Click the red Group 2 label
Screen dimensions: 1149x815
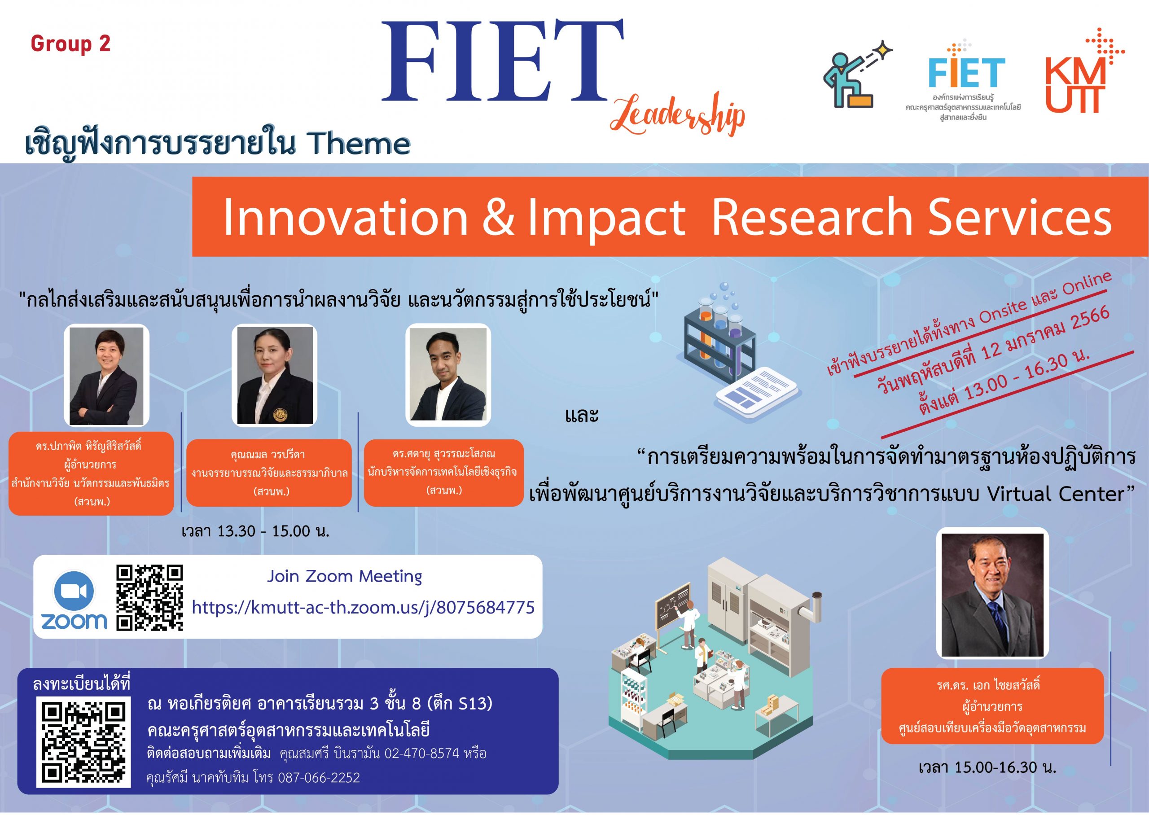(70, 44)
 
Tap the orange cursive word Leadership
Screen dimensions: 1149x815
(677, 114)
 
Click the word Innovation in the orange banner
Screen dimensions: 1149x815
(345, 217)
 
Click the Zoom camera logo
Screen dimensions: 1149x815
(74, 600)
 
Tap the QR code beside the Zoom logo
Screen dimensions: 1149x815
(149, 597)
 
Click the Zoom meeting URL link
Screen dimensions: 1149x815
(363, 608)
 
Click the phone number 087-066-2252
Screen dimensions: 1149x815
(319, 777)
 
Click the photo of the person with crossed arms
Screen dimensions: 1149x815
(106, 375)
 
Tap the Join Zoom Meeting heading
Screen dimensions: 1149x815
(345, 576)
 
